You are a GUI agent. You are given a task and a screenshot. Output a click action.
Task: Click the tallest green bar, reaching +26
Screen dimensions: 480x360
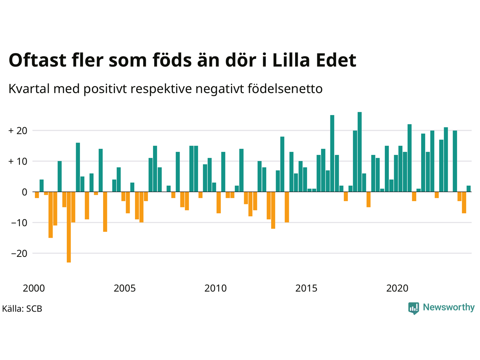360,152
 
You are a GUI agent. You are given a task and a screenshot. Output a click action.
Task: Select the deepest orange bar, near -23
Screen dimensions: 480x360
69,227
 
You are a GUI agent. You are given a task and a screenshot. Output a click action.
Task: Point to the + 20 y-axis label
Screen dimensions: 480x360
18,131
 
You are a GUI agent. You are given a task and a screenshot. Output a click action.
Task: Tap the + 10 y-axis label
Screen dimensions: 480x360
18,162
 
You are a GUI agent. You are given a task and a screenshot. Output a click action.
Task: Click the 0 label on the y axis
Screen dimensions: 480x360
25,192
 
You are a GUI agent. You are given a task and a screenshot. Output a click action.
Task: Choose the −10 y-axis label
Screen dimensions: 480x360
19,223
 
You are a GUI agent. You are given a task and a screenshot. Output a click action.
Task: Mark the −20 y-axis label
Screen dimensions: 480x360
19,253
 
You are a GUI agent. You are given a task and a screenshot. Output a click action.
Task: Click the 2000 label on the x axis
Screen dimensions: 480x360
34,288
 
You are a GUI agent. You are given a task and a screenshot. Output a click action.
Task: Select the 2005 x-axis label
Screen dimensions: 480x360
124,288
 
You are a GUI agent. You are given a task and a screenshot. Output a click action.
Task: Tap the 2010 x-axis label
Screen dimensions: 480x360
215,288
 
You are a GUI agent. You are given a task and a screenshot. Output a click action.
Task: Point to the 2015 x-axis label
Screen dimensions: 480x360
306,288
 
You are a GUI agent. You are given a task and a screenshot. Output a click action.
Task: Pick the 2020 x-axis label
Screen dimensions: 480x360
397,288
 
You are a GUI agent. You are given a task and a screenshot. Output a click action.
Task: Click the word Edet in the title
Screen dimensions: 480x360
336,60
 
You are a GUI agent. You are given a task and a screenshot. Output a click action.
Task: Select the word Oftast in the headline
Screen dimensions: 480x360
37,60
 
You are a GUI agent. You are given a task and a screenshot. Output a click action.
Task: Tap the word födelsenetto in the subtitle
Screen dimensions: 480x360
285,89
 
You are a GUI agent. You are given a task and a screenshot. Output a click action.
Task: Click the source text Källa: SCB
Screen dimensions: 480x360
22,309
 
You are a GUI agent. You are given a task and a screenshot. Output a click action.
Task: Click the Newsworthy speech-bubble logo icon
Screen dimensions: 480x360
414,308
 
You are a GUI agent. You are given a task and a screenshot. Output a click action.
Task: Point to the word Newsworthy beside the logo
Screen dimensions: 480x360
449,307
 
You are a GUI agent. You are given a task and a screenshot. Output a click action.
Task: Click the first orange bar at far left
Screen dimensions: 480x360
37,195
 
